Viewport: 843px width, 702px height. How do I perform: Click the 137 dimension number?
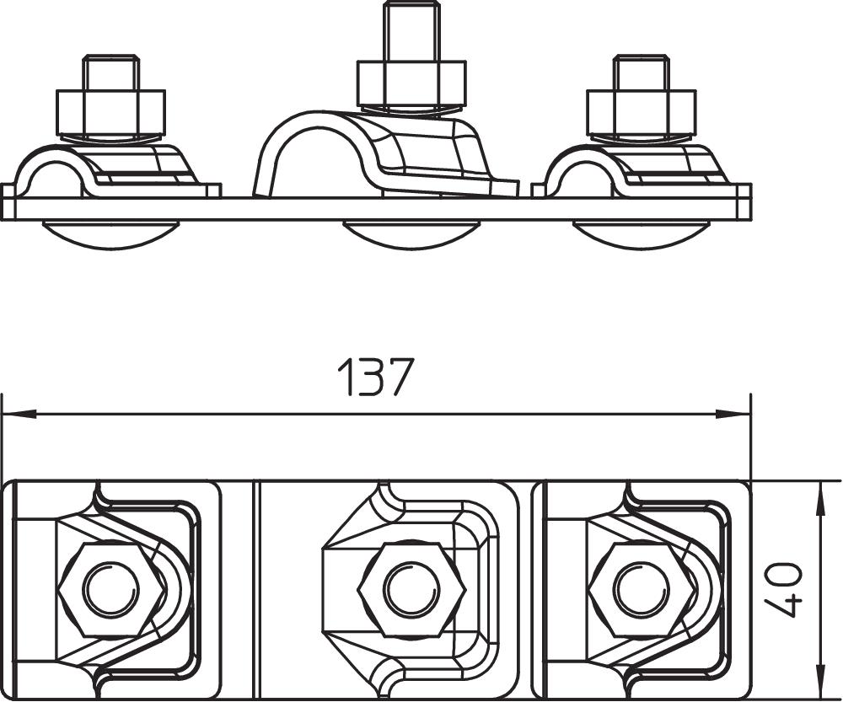point(376,378)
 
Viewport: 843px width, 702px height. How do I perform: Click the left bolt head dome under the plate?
point(110,233)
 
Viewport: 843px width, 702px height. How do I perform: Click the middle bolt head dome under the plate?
point(411,233)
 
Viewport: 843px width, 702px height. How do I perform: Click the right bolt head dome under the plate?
point(642,233)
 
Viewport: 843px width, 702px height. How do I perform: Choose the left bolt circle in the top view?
point(111,589)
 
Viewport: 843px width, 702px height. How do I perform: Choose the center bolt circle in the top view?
point(411,589)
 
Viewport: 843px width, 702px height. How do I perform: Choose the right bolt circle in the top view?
point(642,589)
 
